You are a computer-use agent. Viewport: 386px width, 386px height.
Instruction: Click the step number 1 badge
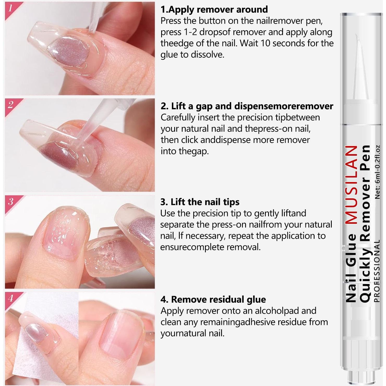coord(10,8)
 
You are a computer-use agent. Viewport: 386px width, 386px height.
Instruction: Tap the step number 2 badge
coord(10,105)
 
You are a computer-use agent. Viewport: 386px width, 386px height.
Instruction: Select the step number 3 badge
coord(10,202)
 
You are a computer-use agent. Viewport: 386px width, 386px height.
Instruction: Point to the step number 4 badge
coord(10,298)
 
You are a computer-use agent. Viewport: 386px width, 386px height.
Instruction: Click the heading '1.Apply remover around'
coord(214,9)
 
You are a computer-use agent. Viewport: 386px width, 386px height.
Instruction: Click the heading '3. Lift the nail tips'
coord(200,202)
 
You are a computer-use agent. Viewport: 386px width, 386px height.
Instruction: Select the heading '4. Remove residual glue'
coord(213,299)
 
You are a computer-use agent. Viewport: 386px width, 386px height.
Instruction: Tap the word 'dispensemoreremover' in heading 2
coord(284,106)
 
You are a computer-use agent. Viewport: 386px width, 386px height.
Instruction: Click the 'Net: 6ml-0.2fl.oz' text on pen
coord(377,172)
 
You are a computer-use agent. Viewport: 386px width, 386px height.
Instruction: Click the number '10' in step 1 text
coord(266,43)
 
